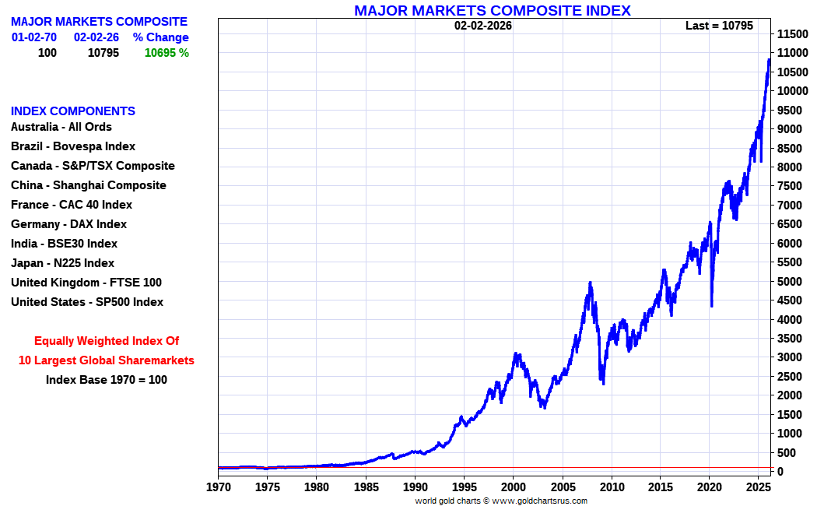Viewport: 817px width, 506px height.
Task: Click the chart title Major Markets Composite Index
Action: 492,10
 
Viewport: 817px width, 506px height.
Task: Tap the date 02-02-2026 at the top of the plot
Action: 483,26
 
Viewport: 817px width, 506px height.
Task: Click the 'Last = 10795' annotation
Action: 719,26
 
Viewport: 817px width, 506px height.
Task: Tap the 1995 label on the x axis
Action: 463,487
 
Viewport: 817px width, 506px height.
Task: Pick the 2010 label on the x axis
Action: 612,487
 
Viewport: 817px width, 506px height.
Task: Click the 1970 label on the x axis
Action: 218,487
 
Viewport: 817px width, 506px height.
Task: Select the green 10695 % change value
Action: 167,53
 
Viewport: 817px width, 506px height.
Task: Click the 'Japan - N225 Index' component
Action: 62,263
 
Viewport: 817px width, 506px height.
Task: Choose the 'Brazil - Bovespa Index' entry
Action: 73,146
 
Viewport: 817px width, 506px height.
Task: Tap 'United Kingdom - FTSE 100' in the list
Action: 86,283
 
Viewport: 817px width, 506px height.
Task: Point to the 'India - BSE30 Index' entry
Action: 64,244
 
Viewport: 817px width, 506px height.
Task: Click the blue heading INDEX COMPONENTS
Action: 73,111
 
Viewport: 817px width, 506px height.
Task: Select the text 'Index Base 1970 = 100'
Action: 106,380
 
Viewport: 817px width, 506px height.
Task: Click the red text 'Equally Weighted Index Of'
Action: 107,341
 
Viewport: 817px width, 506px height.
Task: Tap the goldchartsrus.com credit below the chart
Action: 501,501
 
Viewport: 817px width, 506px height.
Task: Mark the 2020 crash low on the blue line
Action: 711,306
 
